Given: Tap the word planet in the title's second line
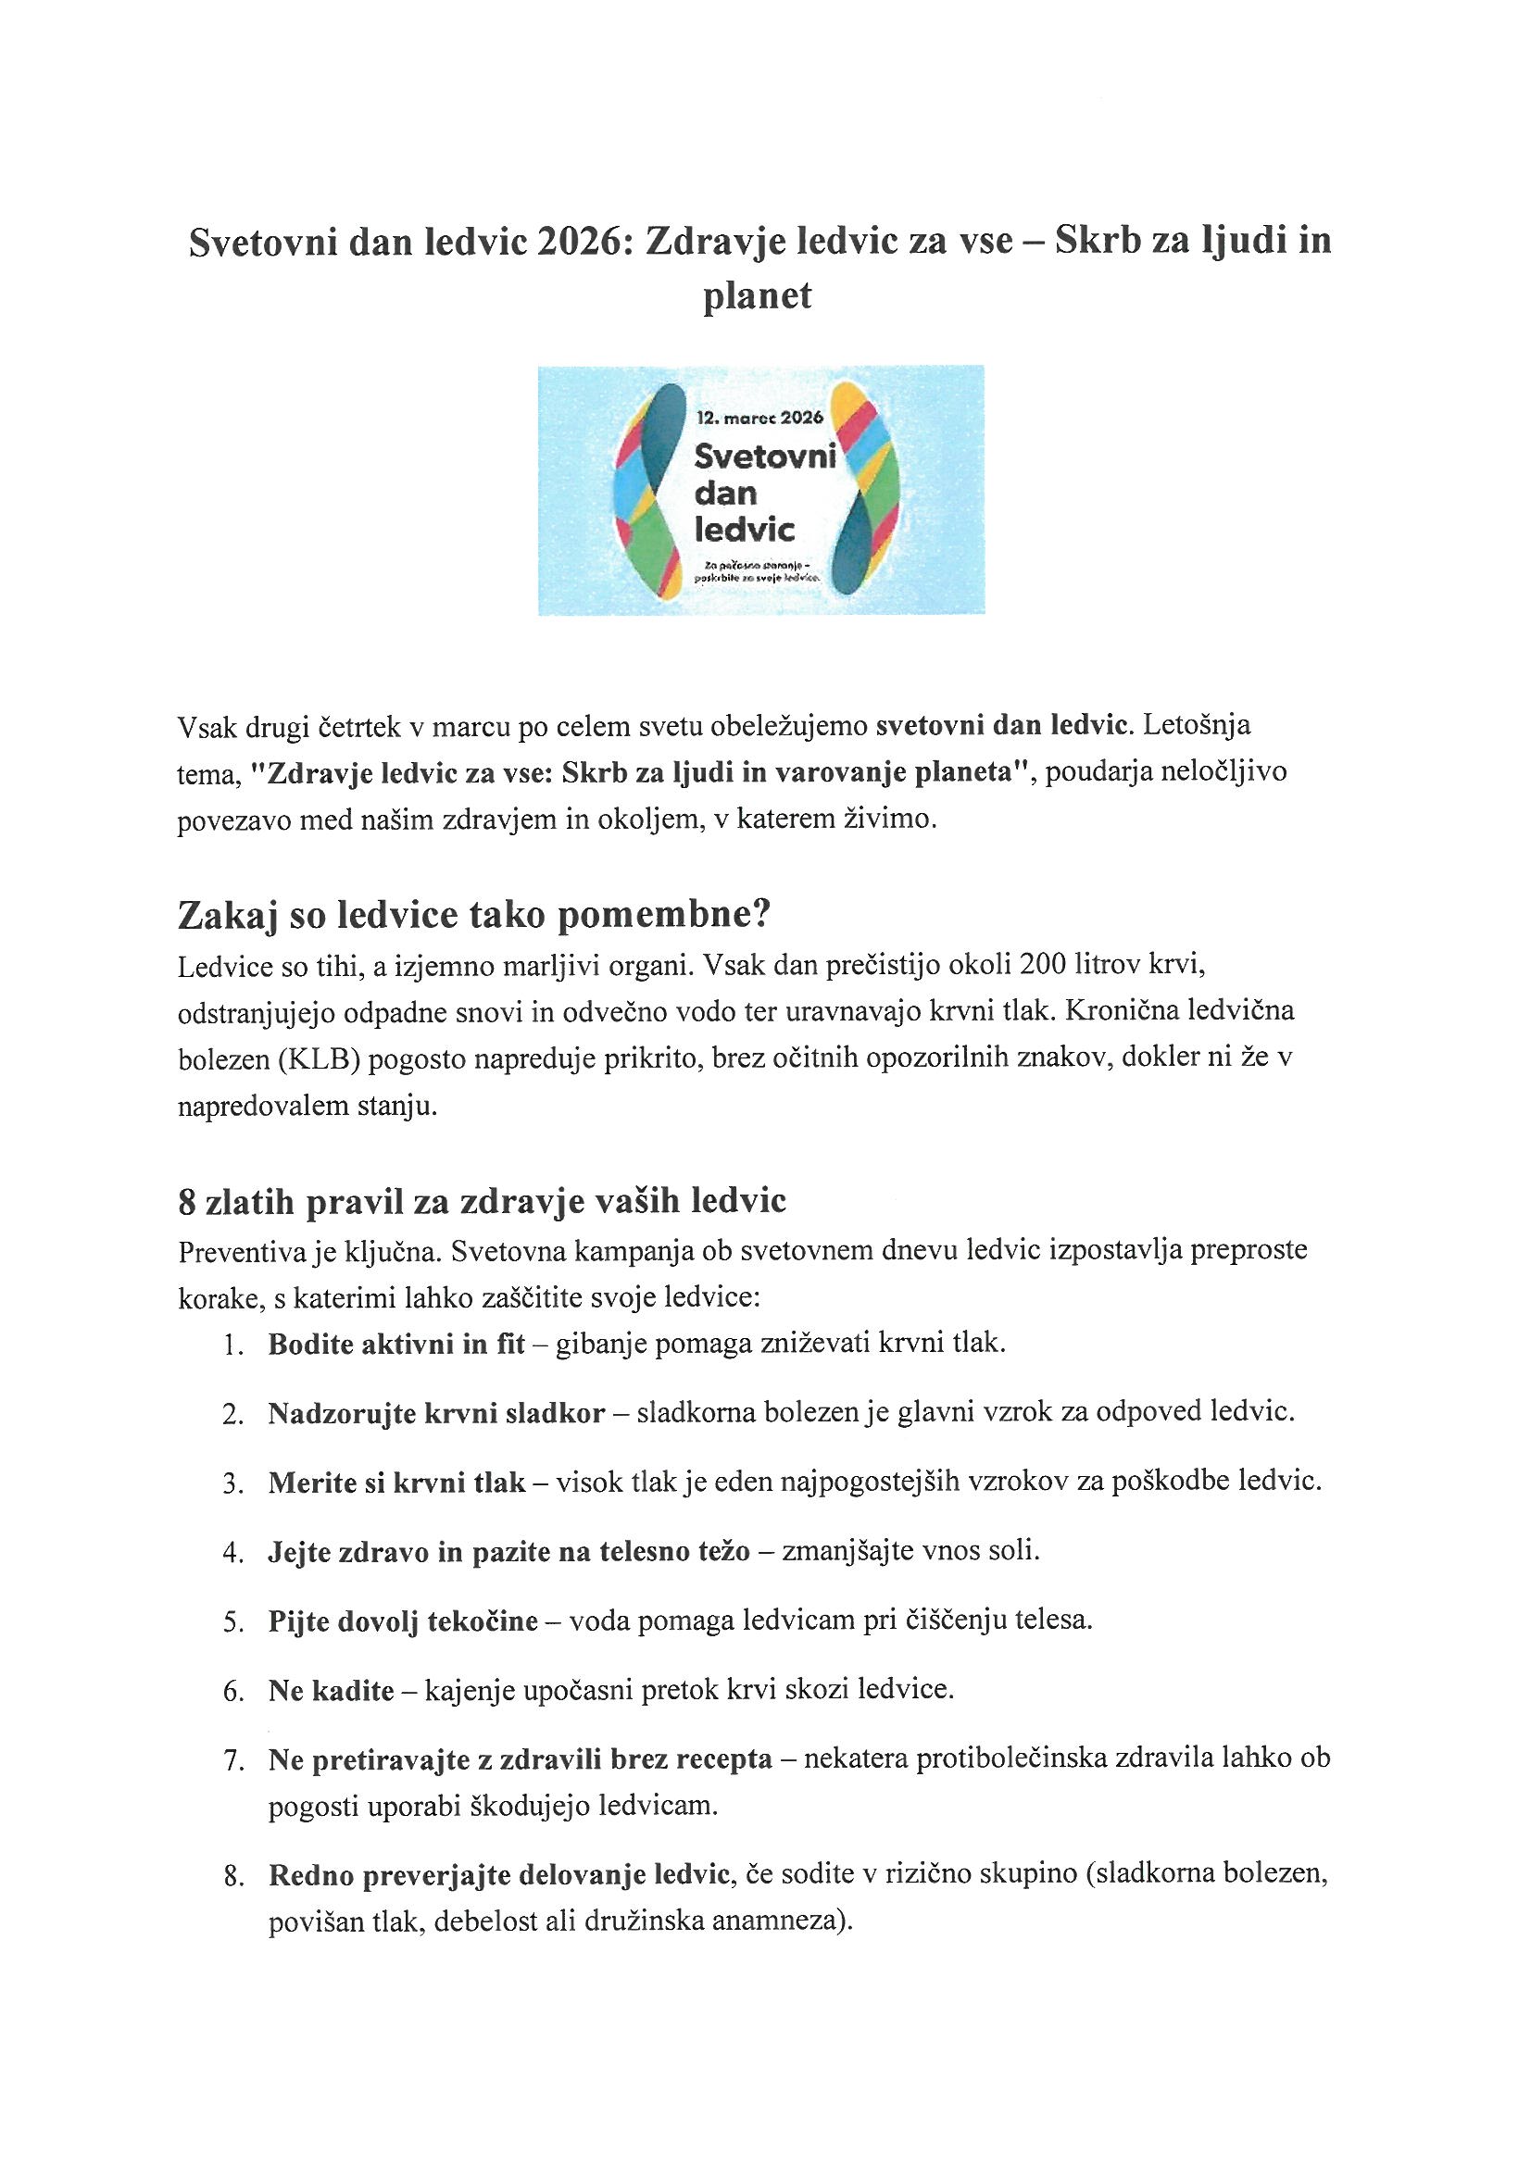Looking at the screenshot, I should pyautogui.click(x=758, y=296).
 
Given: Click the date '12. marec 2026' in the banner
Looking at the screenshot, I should pyautogui.click(x=759, y=417).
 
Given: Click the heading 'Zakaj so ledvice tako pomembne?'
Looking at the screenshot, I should pyautogui.click(x=474, y=915).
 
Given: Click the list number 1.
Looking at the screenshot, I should pyautogui.click(x=232, y=1345).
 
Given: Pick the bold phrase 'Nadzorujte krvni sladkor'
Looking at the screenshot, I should pyautogui.click(x=436, y=1413).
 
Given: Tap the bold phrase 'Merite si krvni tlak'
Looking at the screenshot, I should pyautogui.click(x=396, y=1483).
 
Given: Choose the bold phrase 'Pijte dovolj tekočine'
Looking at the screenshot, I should pyautogui.click(x=403, y=1621).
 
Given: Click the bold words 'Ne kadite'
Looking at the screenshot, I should pyautogui.click(x=331, y=1692).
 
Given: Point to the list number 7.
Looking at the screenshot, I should pyautogui.click(x=232, y=1761).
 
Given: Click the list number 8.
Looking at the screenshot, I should pyautogui.click(x=232, y=1877).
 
